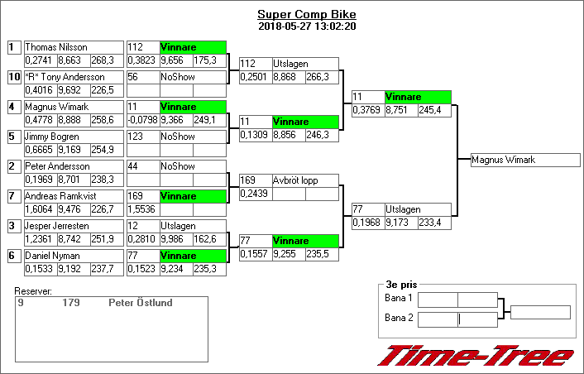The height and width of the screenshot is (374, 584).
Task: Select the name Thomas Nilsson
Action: (56, 47)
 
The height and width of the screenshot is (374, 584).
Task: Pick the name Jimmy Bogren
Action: (52, 137)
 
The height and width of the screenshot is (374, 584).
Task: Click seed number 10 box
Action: (14, 77)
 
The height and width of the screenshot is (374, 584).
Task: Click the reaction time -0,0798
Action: (142, 120)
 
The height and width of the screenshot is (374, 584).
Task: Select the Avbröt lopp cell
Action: (305, 180)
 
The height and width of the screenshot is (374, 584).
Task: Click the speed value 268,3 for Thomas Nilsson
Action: (106, 60)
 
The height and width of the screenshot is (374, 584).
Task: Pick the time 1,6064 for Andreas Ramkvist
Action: (39, 209)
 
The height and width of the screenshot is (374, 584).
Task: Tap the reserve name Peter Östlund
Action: (141, 303)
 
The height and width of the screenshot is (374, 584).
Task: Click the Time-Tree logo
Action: (475, 356)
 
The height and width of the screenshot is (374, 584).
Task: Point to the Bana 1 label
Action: (399, 298)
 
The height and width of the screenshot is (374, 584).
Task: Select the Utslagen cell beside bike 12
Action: (192, 226)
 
